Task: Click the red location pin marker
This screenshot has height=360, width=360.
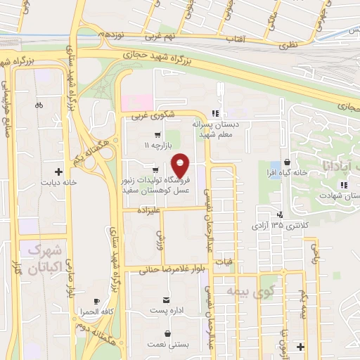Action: pyautogui.click(x=181, y=165)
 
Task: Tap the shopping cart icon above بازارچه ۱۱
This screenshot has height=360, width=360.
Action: pyautogui.click(x=157, y=135)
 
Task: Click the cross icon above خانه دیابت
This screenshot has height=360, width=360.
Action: pyautogui.click(x=58, y=171)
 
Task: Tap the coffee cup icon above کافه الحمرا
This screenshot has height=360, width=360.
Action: pyautogui.click(x=96, y=301)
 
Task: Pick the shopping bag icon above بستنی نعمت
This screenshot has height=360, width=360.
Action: pyautogui.click(x=167, y=333)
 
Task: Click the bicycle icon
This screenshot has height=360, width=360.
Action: pyautogui.click(x=39, y=105)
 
